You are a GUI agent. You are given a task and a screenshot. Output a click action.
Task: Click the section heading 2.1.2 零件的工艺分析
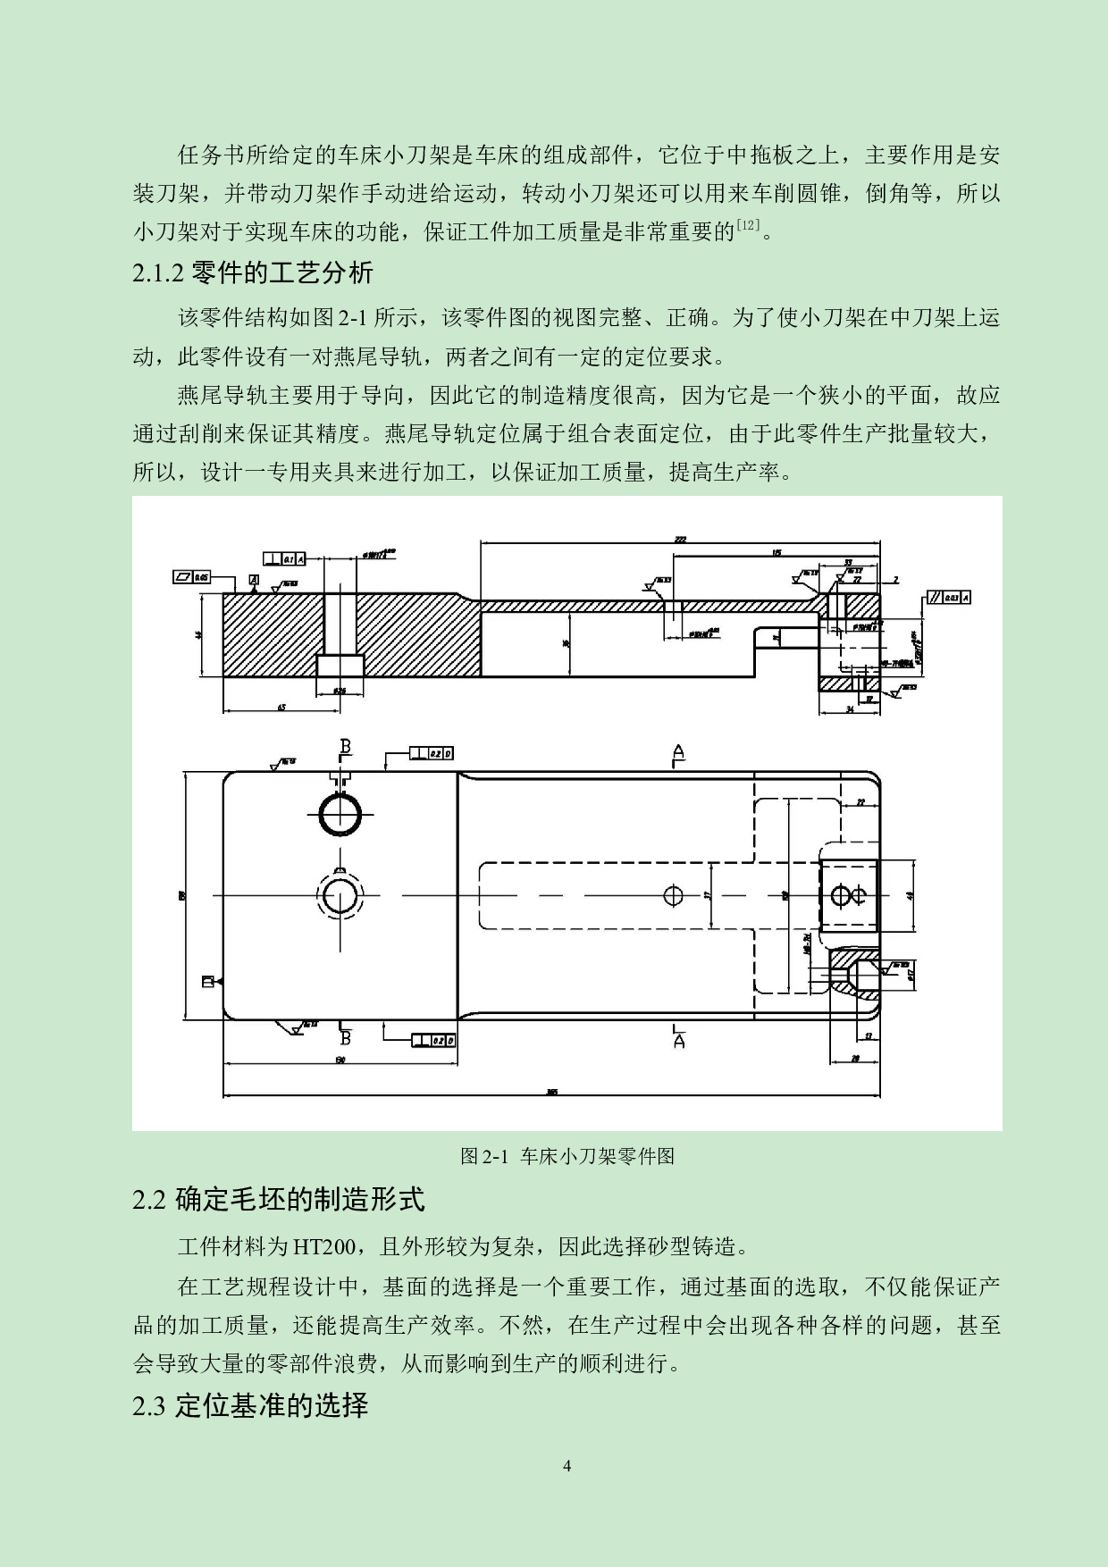[253, 272]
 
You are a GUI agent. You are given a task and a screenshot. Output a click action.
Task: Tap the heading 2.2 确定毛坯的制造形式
[278, 1199]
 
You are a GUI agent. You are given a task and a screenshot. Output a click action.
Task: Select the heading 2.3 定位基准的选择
[250, 1405]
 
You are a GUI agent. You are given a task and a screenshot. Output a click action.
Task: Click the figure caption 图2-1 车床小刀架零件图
[567, 1156]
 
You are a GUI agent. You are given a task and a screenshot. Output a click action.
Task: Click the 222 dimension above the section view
[680, 540]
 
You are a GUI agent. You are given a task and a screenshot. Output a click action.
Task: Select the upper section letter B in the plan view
[346, 747]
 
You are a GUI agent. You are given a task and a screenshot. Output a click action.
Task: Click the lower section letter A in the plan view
[678, 1041]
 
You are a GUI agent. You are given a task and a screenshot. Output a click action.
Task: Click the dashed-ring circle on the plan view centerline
[340, 895]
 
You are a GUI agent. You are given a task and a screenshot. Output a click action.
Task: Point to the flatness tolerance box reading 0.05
[192, 578]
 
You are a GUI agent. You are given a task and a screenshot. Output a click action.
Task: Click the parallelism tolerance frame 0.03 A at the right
[949, 598]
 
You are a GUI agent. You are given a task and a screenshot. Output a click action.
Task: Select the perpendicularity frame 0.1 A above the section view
[285, 558]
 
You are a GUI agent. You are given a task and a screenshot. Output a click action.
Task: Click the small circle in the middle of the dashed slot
[674, 895]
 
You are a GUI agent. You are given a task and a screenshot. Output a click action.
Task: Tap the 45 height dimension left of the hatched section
[200, 634]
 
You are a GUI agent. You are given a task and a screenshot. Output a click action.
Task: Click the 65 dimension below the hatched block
[281, 708]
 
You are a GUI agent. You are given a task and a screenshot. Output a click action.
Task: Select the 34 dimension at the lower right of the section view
[849, 708]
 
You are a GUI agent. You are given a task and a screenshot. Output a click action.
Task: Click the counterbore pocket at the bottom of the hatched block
[340, 666]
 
